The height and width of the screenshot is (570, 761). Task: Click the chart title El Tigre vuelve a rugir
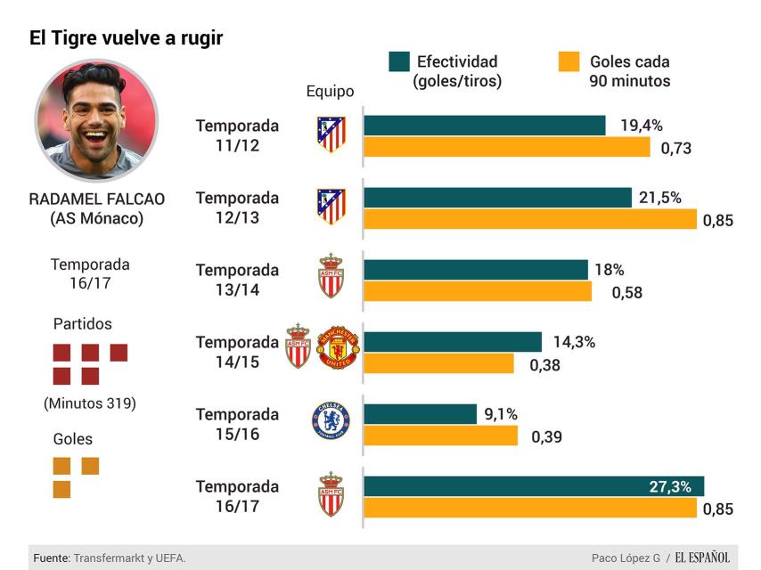coord(126,38)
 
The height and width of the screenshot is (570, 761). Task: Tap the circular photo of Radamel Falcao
coord(96,121)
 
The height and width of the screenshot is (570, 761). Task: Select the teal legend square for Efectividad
coord(399,61)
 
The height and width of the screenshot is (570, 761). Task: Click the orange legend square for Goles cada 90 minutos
coord(569,61)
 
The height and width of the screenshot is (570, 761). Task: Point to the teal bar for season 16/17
coord(533,486)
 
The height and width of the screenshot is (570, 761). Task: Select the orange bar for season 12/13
coord(529,219)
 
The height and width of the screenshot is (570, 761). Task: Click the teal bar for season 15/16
coord(420,414)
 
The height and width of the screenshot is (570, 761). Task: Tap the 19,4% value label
coord(642,126)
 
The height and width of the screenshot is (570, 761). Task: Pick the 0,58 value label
coord(626,292)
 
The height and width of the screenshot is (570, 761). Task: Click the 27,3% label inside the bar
coord(670,487)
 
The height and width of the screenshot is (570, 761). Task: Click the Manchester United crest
coord(337,348)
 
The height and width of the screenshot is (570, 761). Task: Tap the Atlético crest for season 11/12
coord(331,134)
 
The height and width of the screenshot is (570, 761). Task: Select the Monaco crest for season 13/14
coord(331,276)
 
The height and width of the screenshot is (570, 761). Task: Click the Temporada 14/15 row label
coord(237,351)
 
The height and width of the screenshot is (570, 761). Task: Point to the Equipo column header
coord(330,91)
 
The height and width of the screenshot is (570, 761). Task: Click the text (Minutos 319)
coord(90,403)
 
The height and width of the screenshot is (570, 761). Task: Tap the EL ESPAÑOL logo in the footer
coord(701,558)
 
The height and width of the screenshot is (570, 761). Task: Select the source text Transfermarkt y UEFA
coord(129,558)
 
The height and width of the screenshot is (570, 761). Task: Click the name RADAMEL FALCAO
coord(96,199)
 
